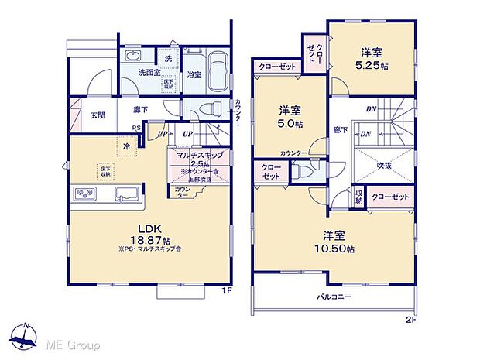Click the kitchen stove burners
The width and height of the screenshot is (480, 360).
84,193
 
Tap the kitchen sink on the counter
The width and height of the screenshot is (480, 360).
125,193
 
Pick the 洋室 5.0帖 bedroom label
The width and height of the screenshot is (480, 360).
290,115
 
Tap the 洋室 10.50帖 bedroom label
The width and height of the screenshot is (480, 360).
338,243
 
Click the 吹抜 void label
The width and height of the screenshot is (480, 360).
383,165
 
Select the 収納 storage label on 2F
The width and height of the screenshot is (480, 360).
358,196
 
